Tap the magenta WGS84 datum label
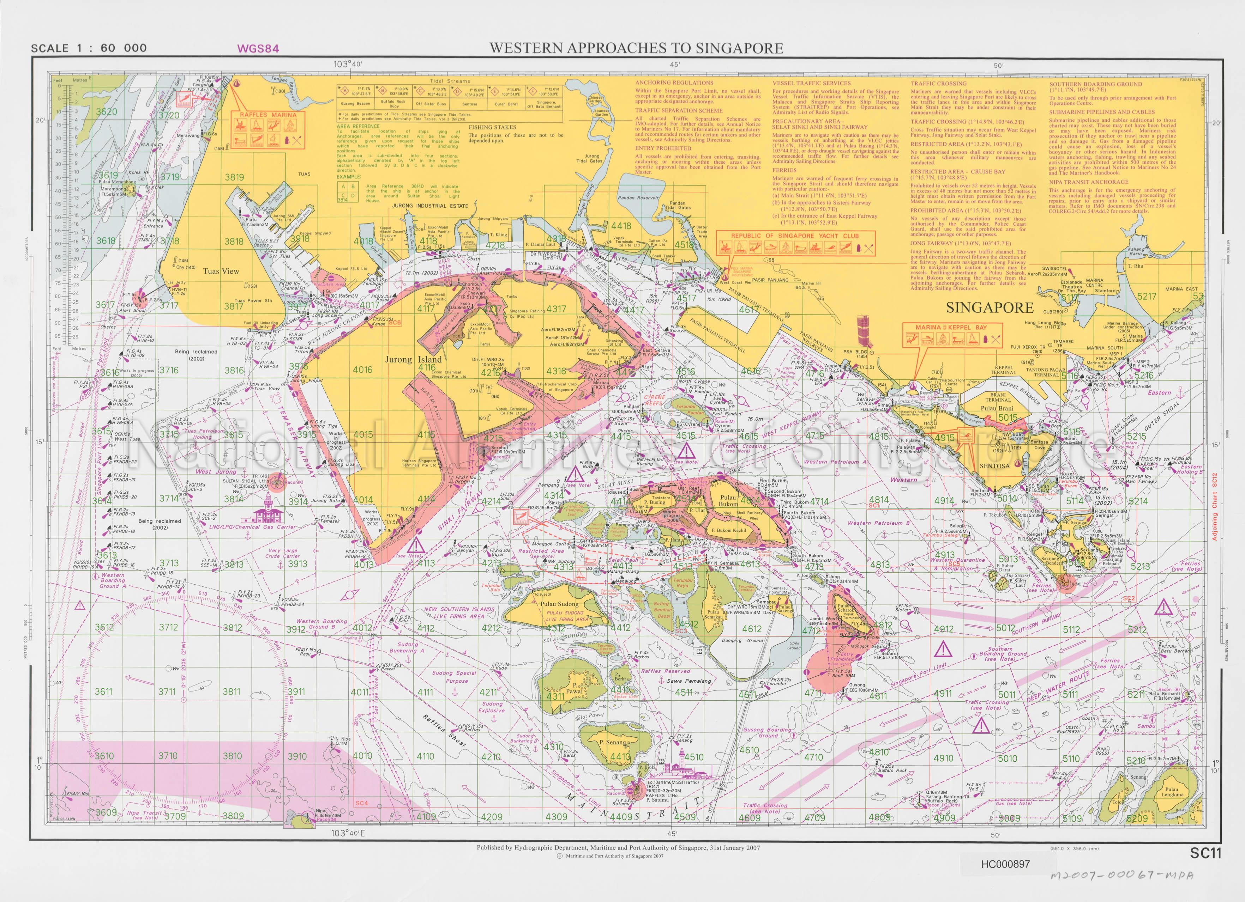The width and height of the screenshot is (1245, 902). tap(258, 48)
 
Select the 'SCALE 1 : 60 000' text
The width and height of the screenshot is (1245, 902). tap(89, 48)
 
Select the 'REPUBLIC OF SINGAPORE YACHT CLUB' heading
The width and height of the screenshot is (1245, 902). tap(794, 236)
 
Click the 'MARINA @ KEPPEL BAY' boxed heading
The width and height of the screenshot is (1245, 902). tap(951, 327)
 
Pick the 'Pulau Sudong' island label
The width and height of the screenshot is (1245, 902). tap(559, 604)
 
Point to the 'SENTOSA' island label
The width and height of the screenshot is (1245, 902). tap(994, 466)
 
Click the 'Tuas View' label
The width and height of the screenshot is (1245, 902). tap(221, 271)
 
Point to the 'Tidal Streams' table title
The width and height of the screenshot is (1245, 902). tap(451, 81)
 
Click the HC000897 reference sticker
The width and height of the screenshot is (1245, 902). tap(1005, 864)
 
